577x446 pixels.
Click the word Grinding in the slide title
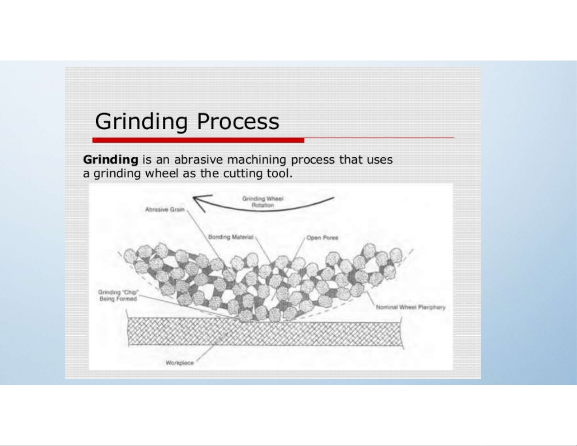[141, 122]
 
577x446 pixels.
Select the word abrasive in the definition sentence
[198, 159]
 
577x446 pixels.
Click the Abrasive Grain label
[165, 209]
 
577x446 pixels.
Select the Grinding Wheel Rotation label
[262, 202]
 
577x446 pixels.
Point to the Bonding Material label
[231, 237]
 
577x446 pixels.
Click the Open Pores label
[322, 238]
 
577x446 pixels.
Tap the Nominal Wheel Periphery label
[411, 307]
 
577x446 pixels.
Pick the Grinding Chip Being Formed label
[118, 296]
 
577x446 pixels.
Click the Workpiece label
[179, 363]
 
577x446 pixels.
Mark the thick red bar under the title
[198, 140]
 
